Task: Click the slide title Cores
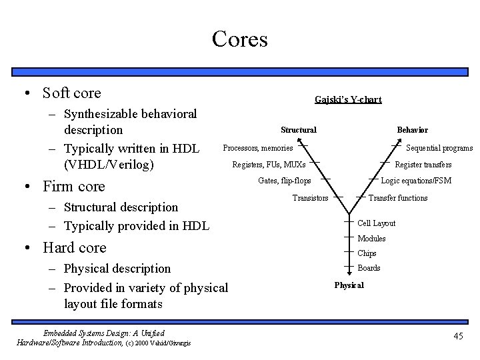point(239,39)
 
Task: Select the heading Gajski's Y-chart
point(348,99)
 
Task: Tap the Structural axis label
point(298,129)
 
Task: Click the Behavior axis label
point(412,129)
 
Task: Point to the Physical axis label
point(349,285)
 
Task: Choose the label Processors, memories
point(257,147)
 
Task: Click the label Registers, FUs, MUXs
point(269,164)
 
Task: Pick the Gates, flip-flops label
point(284,181)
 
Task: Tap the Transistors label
point(310,197)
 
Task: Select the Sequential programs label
point(439,148)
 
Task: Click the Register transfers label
point(423,165)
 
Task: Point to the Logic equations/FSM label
point(415,181)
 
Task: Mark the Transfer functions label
point(398,197)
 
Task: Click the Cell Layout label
point(376,223)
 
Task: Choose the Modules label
point(371,239)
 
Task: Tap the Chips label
point(367,253)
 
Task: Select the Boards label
point(369,268)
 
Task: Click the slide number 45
point(457,336)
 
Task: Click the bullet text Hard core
point(74,248)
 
